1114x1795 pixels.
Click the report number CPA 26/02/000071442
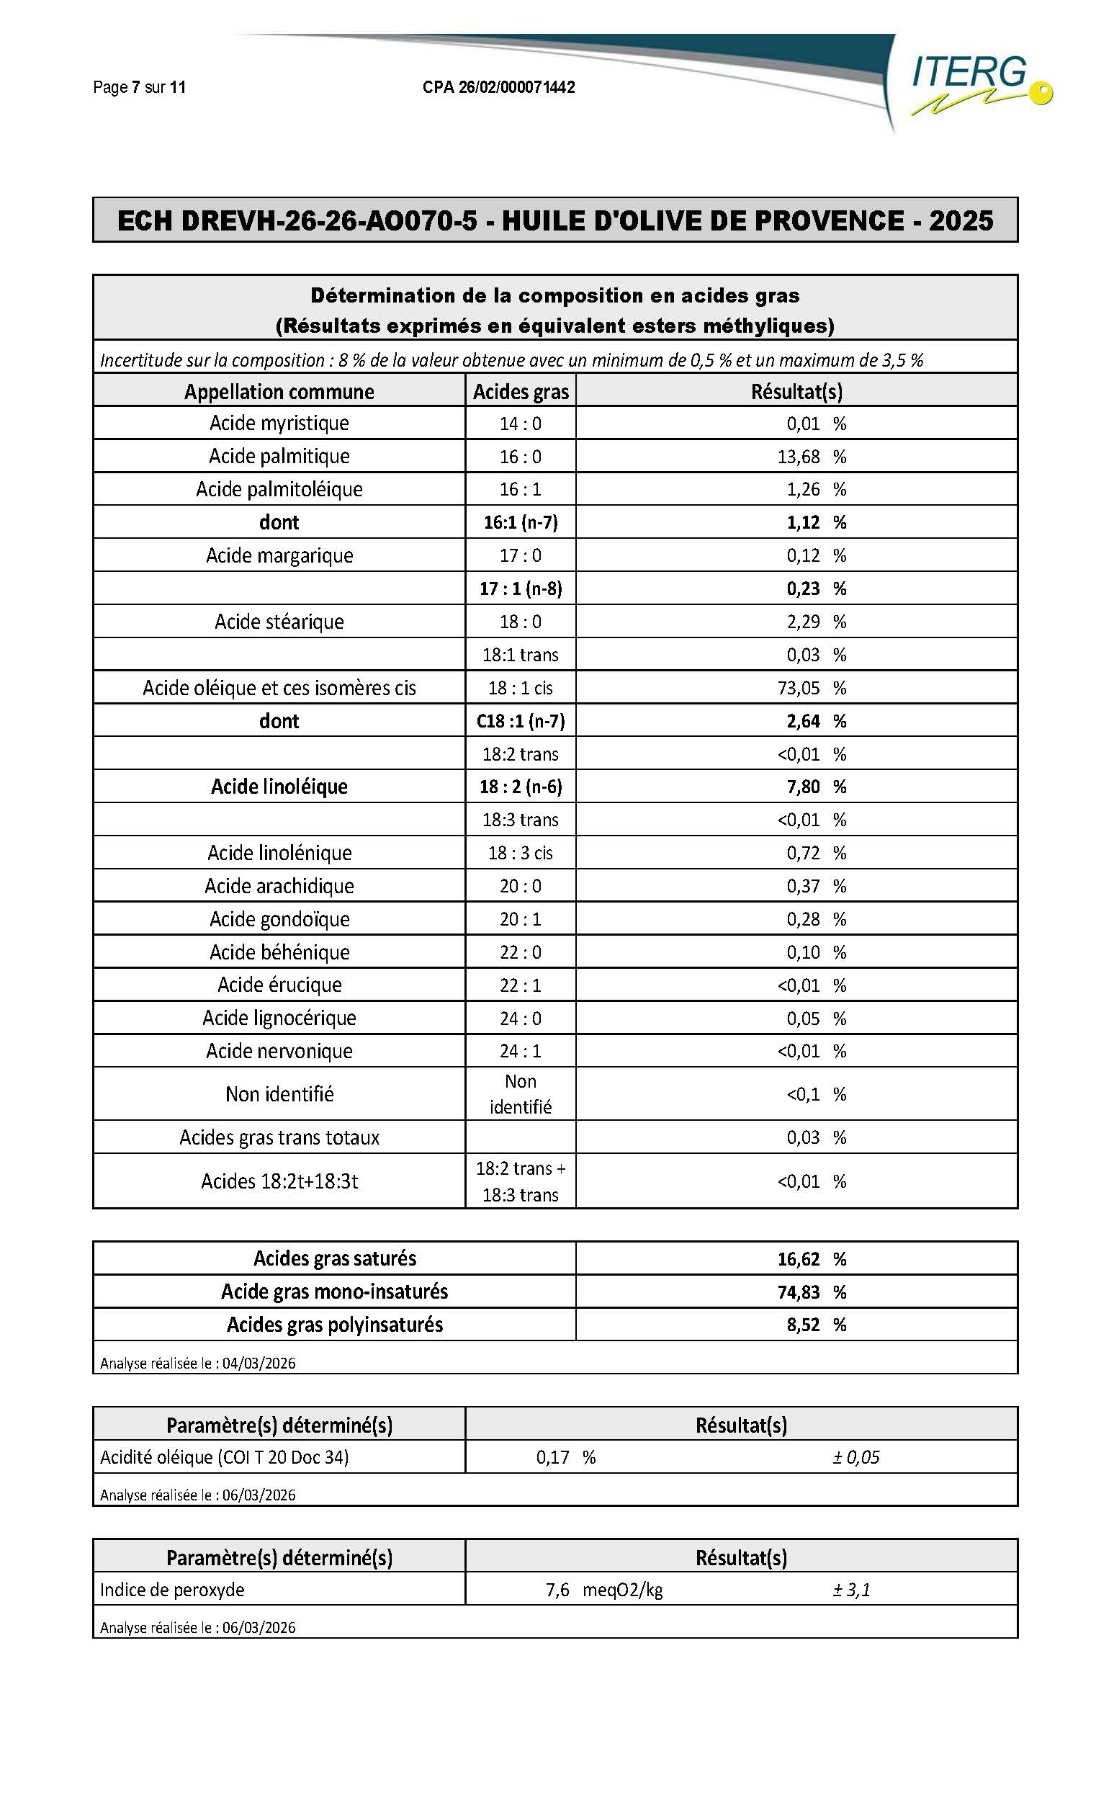498,88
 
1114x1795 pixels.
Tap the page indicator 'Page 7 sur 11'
139,88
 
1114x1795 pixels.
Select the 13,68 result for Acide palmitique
799,457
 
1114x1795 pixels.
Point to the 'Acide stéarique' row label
279,622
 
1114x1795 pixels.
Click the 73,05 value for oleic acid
799,688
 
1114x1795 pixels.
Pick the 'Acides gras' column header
520,391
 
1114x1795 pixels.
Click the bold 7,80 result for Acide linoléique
802,787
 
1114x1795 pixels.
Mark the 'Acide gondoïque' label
279,919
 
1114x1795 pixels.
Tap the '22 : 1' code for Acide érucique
520,985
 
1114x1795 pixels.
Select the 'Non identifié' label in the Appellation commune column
279,1094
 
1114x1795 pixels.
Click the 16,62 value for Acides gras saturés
799,1259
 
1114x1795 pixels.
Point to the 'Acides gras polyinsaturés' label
335,1325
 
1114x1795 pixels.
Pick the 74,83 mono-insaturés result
799,1292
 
